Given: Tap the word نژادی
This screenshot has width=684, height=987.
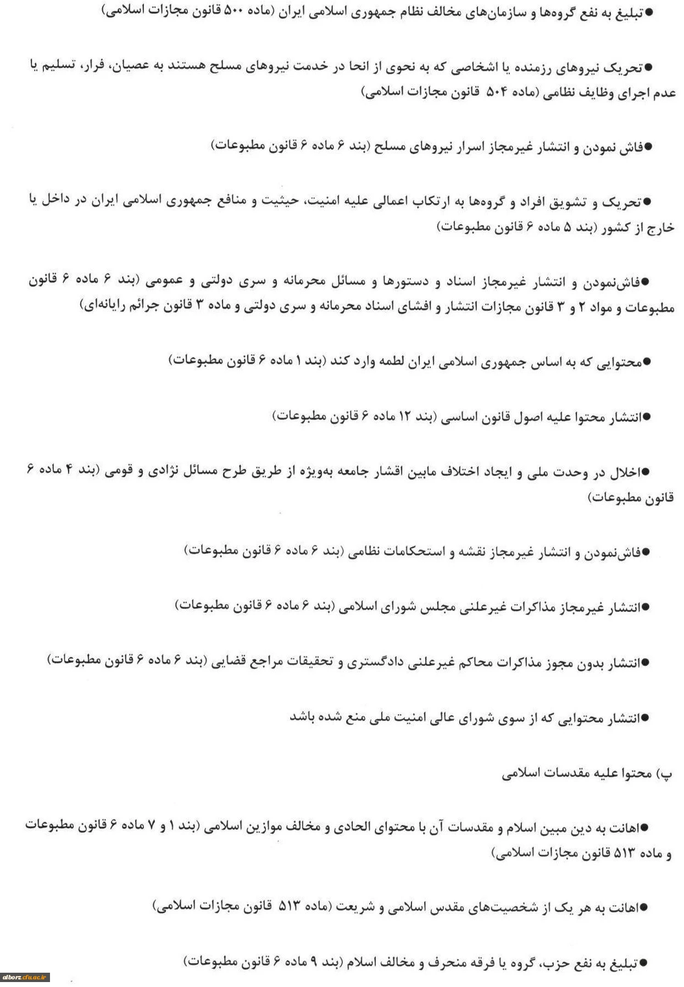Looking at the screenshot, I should pyautogui.click(x=157, y=471).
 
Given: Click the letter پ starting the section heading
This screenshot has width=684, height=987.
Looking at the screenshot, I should pyautogui.click(x=666, y=774).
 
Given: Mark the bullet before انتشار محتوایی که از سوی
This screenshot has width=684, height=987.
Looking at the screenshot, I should pyautogui.click(x=646, y=718).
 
